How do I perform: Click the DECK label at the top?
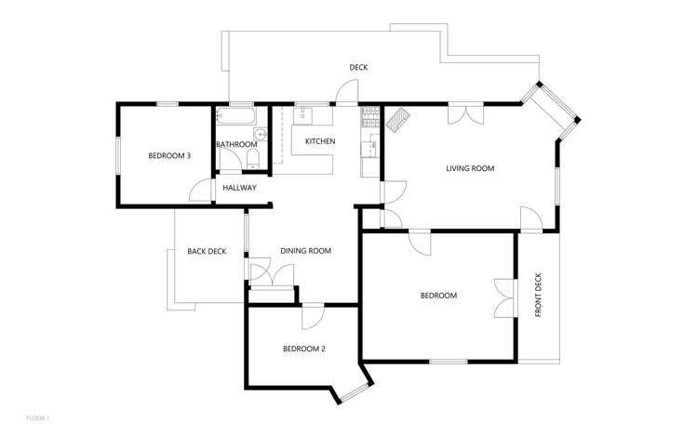359,68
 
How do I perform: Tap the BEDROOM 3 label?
169,156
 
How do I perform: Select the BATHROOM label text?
236,145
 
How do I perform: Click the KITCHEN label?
320,141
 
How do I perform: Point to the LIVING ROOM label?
469,169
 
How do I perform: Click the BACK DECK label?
207,251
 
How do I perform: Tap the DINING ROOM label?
306,251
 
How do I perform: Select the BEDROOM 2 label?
304,349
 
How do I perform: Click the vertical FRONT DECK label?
539,296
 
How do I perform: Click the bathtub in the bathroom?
235,118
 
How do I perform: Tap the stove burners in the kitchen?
369,118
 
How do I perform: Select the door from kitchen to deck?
345,93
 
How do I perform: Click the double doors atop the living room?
464,113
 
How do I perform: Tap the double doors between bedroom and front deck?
505,297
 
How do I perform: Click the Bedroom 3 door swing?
200,191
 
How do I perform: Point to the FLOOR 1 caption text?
37,419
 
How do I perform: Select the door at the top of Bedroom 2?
312,316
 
